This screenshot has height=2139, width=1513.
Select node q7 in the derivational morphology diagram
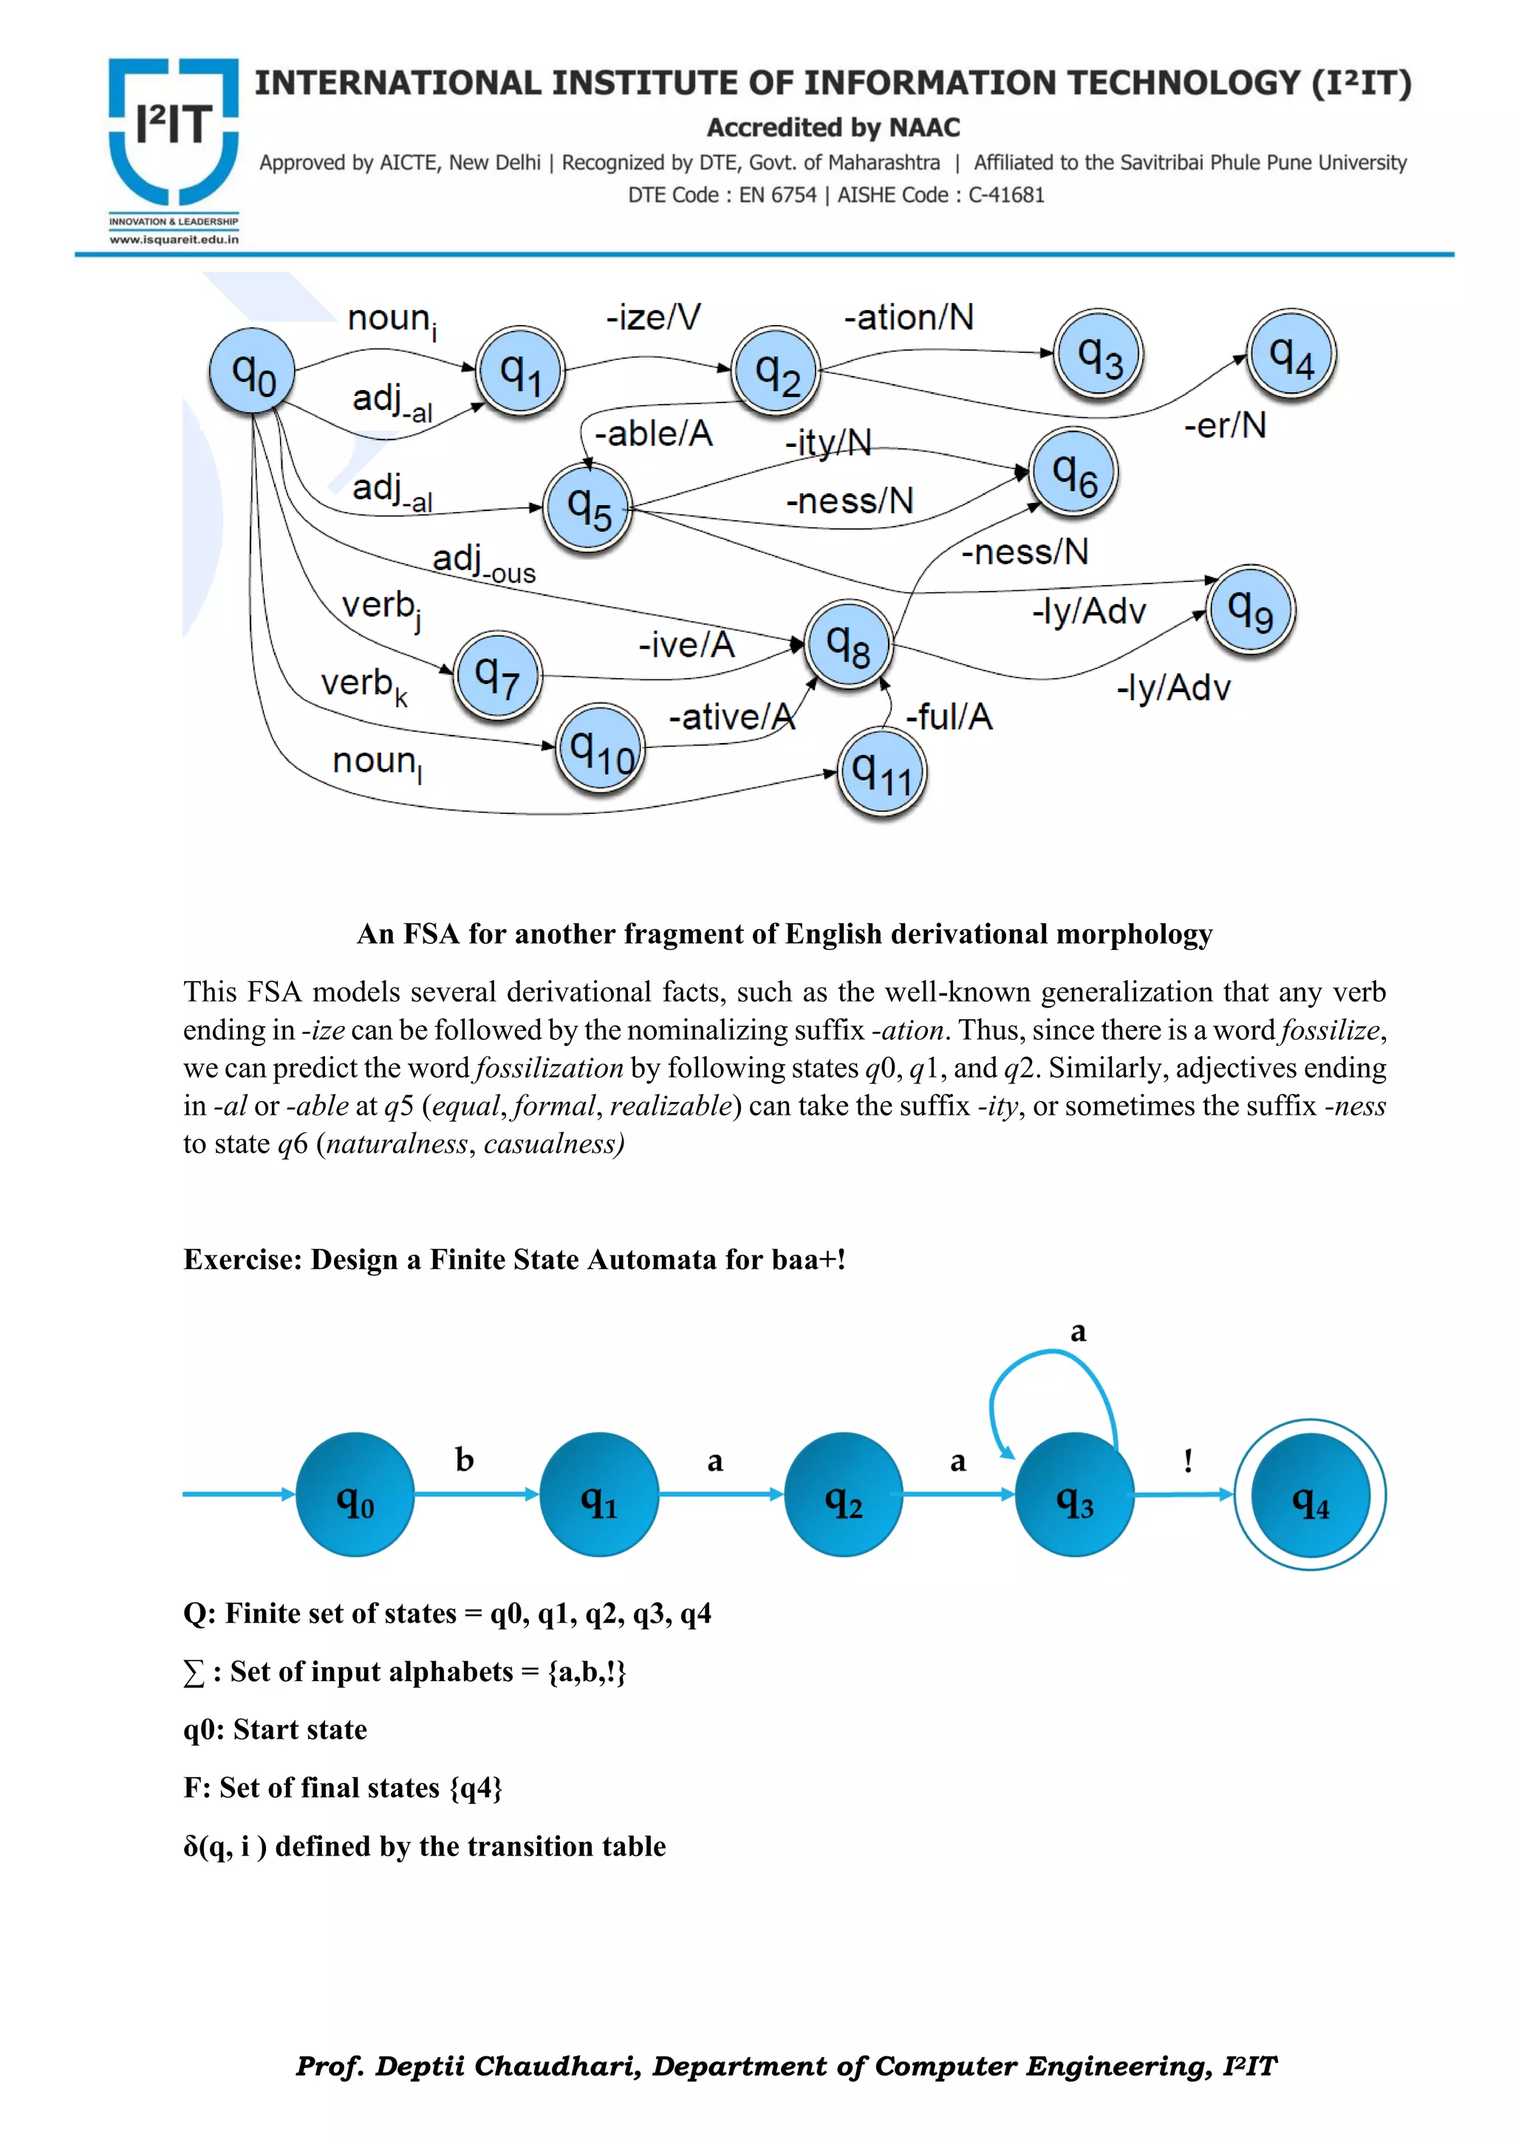click(497, 674)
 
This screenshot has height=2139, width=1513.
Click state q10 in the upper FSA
click(601, 748)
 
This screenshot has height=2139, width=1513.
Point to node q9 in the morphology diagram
click(1250, 610)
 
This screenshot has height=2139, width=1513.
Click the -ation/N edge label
click(909, 318)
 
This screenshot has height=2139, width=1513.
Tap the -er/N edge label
click(1224, 425)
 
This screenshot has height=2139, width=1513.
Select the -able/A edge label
click(653, 434)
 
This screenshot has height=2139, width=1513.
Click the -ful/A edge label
click(949, 716)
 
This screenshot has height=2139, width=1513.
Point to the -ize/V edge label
click(653, 317)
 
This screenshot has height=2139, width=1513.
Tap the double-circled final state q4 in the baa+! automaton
click(1309, 1494)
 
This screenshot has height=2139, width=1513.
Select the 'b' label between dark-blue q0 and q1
click(464, 1459)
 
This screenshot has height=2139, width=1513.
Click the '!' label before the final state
click(1188, 1459)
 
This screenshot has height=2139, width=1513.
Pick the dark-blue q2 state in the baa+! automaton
click(843, 1494)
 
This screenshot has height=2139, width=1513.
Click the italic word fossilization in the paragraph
click(548, 1067)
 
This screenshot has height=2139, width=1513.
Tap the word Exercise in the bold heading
click(242, 1259)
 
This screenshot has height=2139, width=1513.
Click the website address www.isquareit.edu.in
click(174, 239)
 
